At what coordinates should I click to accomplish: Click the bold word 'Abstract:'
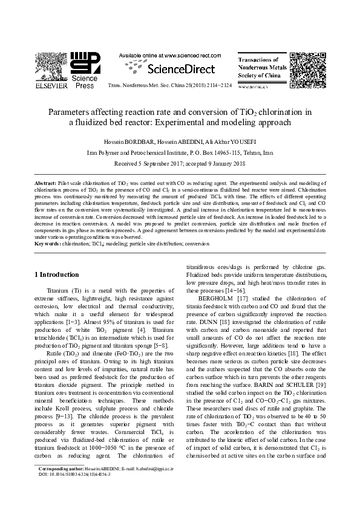click(45, 182)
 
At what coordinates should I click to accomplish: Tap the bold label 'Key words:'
click(47, 244)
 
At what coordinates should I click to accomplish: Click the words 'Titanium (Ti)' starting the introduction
click(65, 290)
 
